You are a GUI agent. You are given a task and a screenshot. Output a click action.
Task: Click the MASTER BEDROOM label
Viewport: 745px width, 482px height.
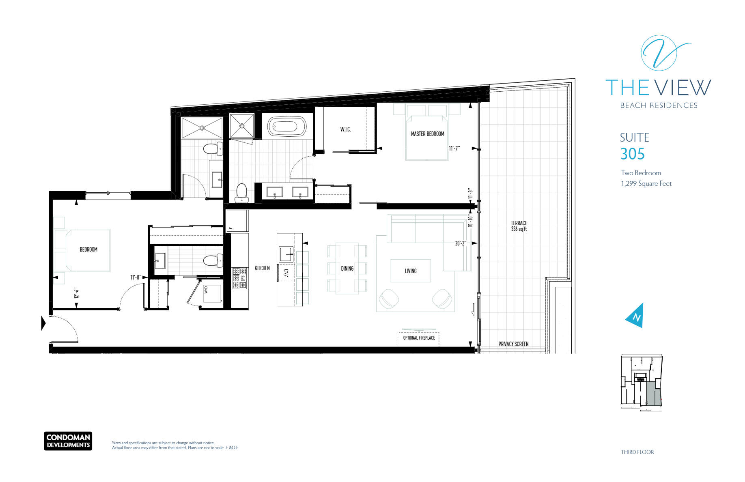(427, 134)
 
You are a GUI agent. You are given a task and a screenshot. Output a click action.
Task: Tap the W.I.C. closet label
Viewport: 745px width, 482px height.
(345, 129)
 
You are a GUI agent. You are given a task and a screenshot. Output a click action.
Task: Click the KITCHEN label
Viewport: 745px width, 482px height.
(262, 268)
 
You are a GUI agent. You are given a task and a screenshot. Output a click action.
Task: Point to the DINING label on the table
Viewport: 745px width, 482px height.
(347, 269)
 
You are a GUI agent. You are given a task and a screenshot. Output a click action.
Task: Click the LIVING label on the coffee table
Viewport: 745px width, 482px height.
(411, 271)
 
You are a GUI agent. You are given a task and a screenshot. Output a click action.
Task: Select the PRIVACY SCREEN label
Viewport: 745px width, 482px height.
(513, 344)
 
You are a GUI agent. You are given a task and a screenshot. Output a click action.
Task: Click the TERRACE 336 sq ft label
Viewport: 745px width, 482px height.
(519, 226)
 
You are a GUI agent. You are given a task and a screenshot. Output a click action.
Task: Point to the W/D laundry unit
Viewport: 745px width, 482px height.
(212, 293)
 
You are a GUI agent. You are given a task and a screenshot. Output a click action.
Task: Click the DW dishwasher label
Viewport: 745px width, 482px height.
(286, 273)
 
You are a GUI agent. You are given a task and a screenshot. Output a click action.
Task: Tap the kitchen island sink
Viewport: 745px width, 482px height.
(286, 254)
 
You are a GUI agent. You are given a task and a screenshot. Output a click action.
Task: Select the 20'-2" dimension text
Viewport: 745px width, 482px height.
(461, 243)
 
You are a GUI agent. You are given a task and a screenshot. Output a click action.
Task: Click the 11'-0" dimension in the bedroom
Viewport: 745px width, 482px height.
(136, 278)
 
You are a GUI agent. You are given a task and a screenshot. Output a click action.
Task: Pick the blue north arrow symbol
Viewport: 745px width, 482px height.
(635, 315)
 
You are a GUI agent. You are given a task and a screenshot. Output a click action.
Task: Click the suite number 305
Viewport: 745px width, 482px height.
(633, 154)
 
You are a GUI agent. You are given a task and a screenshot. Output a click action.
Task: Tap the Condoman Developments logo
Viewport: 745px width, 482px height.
(68, 441)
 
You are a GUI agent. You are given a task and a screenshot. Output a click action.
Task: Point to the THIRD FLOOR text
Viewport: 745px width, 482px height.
(637, 452)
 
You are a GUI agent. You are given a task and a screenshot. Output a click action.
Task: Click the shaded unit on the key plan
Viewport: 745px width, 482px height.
(653, 394)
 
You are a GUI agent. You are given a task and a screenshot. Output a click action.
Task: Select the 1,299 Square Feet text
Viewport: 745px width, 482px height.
(646, 184)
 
